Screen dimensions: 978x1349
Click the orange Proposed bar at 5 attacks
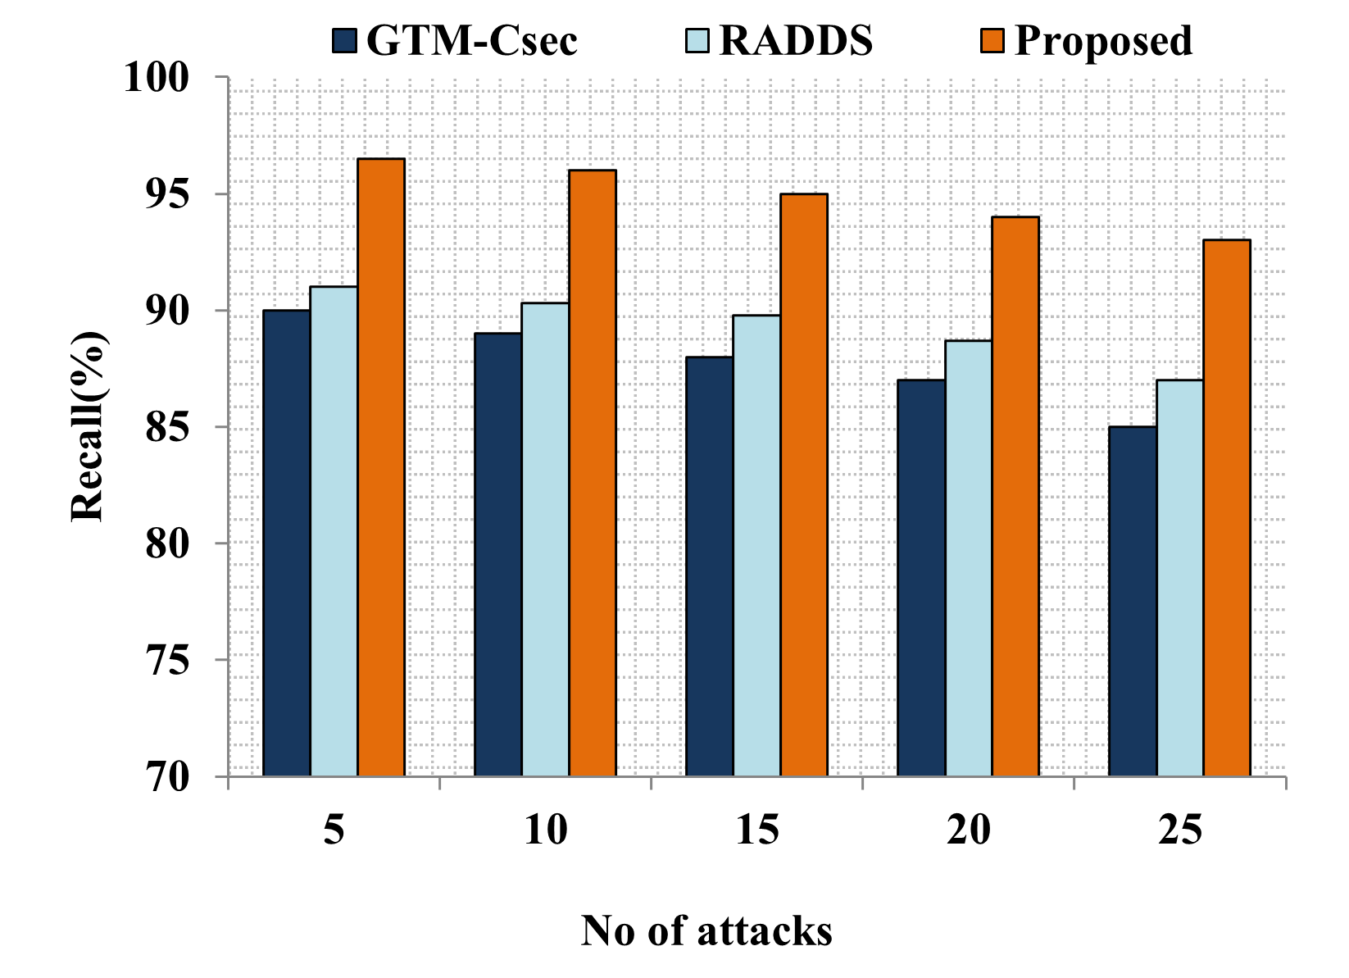coord(381,467)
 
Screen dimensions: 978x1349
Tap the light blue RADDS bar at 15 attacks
coord(756,545)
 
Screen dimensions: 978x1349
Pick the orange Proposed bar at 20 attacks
coord(1015,496)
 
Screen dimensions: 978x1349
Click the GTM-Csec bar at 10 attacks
coord(497,554)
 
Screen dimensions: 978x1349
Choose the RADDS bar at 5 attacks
coord(334,531)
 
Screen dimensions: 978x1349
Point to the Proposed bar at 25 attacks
coord(1227,507)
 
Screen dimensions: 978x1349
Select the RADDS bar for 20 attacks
coord(968,557)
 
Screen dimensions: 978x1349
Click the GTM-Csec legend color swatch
coord(345,41)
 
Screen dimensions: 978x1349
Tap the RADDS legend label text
coord(795,41)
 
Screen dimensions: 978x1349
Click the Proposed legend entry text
coord(1103,41)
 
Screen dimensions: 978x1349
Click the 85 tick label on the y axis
coord(166,427)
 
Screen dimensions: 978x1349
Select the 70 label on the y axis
coord(166,777)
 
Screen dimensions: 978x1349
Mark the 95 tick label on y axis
coord(166,194)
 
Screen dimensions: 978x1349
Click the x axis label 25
coord(1180,831)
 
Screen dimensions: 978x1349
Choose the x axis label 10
coord(545,831)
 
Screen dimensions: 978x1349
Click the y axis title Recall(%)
coord(89,426)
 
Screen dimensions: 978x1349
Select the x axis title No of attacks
coord(706,931)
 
